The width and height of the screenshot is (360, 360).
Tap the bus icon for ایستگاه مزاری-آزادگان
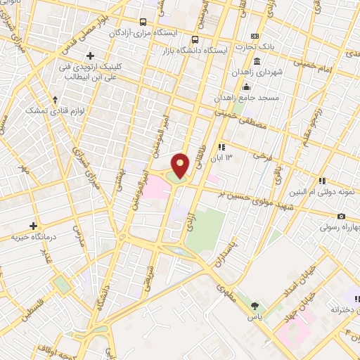(x=143, y=22)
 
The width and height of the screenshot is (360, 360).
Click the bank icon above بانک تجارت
(x=255, y=36)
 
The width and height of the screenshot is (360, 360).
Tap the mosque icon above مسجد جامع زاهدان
(x=245, y=87)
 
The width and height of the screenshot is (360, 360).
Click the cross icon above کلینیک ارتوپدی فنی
(x=89, y=56)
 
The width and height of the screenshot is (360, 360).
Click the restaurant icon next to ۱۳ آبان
(x=222, y=147)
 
